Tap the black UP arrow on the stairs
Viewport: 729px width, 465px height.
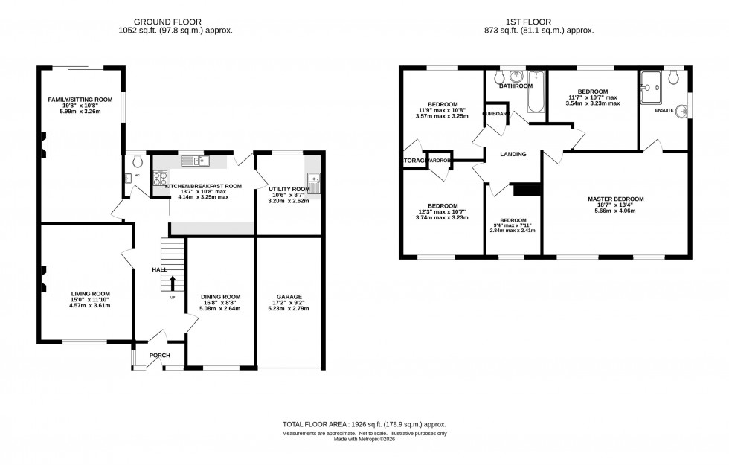click(x=173, y=283)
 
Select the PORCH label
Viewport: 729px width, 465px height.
click(x=160, y=355)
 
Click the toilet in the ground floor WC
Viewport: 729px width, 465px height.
click(x=136, y=160)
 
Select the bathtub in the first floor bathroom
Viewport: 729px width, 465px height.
click(x=536, y=93)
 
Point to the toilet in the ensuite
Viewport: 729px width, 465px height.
click(x=674, y=77)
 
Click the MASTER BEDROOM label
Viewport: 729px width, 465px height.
click(x=615, y=199)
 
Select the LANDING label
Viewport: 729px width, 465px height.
click(x=513, y=155)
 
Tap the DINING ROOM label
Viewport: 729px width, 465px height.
click(x=221, y=296)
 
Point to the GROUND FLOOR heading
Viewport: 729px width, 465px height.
click(x=175, y=22)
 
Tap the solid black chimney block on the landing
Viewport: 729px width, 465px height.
click(x=526, y=190)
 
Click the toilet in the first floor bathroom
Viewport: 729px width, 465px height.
click(x=498, y=77)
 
